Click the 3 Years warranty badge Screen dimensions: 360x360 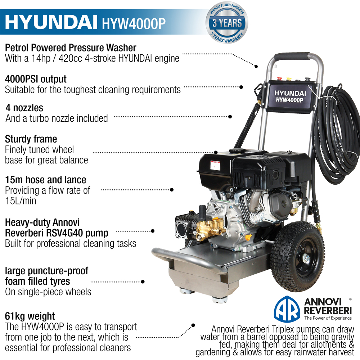[226, 23]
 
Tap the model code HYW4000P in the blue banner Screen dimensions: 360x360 [134, 23]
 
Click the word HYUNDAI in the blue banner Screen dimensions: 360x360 [51, 22]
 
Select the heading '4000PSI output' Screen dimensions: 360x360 [36, 79]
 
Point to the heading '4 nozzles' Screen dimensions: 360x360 [24, 108]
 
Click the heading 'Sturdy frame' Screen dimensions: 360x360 [31, 139]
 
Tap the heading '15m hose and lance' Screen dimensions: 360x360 [46, 180]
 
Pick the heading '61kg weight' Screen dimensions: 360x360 [30, 316]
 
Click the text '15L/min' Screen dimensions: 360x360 [21, 201]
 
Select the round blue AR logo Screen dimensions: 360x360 [287, 309]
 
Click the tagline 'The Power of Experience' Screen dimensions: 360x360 [328, 318]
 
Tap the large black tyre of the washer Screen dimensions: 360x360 [298, 256]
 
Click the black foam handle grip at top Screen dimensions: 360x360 [292, 57]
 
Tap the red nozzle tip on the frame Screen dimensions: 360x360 [279, 79]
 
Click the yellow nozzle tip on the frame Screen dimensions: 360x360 [289, 79]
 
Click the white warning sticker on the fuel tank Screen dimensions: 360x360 [215, 165]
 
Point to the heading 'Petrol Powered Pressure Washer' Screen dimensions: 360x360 [71, 48]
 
